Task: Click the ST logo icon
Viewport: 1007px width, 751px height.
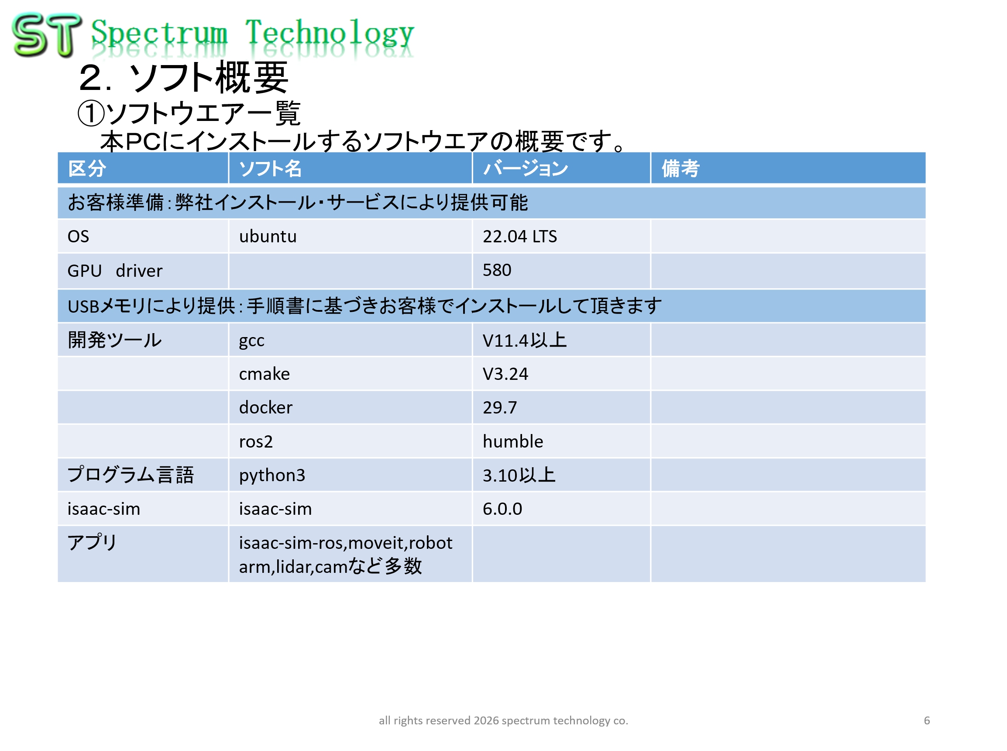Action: [x=47, y=34]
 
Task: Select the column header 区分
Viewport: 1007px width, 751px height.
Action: [x=87, y=169]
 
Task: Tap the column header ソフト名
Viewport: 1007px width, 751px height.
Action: [x=270, y=169]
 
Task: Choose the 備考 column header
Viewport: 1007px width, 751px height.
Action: [x=680, y=169]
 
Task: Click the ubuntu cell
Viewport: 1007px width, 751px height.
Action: [x=268, y=236]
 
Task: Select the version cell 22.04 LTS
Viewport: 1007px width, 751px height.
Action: [x=519, y=236]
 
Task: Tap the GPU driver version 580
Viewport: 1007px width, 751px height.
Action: [x=497, y=270]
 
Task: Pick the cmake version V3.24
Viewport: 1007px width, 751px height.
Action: [x=505, y=374]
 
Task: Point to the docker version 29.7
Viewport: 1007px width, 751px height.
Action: [x=500, y=408]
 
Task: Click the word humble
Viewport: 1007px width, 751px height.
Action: [x=512, y=441]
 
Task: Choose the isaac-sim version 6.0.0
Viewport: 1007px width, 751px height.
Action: [x=502, y=509]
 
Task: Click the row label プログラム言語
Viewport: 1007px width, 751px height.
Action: [x=131, y=475]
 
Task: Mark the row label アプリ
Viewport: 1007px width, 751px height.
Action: [x=92, y=543]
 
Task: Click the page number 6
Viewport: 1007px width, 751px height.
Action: [x=927, y=720]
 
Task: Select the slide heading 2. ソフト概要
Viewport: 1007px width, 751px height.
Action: [x=184, y=78]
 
